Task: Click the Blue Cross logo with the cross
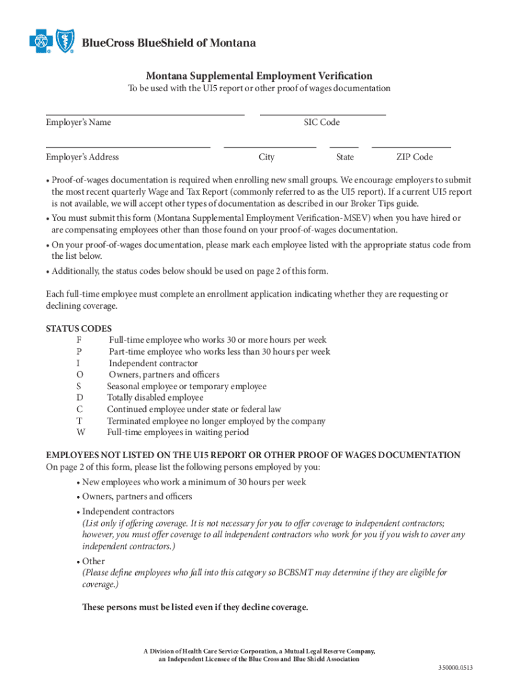tap(41, 43)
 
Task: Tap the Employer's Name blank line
tap(145, 115)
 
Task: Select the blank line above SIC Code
tap(322, 115)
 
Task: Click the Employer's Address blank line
tap(128, 146)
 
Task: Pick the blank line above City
tap(269, 146)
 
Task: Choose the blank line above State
tap(344, 146)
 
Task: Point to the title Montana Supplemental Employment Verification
tap(259, 76)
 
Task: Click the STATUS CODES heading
tap(74, 329)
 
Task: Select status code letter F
tap(80, 341)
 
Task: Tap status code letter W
tap(80, 432)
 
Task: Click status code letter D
tap(80, 398)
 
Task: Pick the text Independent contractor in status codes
tap(153, 364)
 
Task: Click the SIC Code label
tap(321, 122)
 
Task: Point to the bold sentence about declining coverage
tap(194, 607)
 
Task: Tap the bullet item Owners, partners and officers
tap(137, 497)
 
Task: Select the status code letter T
tap(80, 421)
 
